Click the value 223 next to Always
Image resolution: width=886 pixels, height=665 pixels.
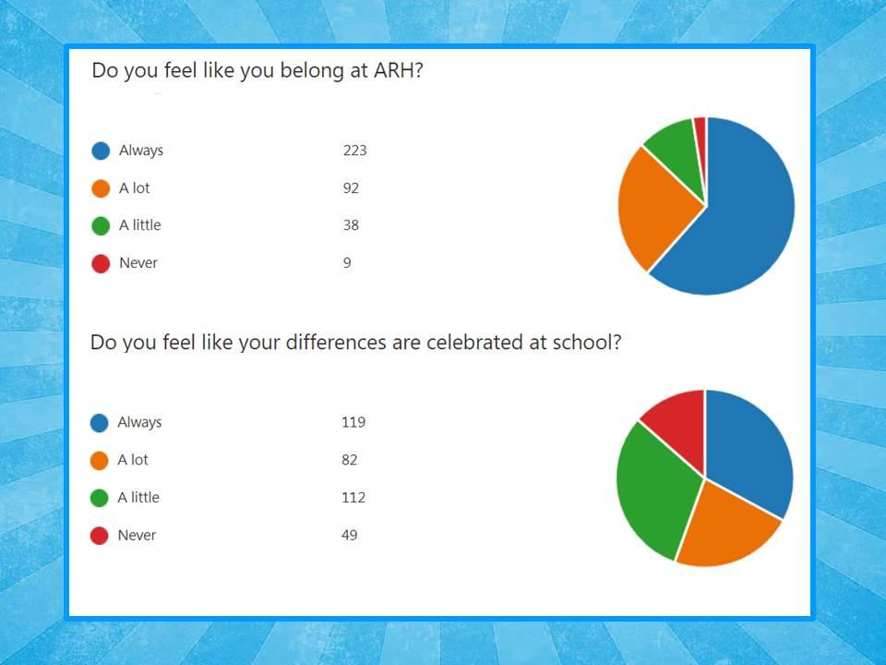click(x=354, y=151)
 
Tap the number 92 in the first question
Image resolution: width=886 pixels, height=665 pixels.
click(x=351, y=187)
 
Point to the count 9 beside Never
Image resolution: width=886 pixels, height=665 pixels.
click(x=347, y=263)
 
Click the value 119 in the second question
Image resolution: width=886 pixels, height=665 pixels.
click(x=353, y=422)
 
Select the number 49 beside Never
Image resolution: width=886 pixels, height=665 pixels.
click(x=349, y=535)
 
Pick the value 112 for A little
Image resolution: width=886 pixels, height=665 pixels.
click(x=353, y=498)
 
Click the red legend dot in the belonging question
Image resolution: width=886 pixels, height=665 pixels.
click(x=101, y=263)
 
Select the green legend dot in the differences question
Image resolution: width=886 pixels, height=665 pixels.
click(x=99, y=498)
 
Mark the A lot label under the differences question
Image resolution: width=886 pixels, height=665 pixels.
click(x=133, y=460)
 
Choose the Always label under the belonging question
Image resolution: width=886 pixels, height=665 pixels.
click(x=140, y=151)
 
